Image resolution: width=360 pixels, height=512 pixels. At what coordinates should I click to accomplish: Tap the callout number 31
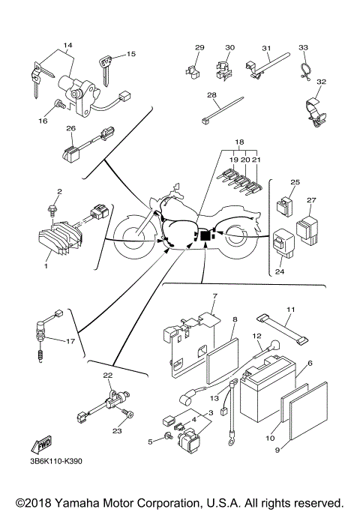266,49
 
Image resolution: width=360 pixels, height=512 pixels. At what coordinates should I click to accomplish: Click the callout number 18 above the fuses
239,142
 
